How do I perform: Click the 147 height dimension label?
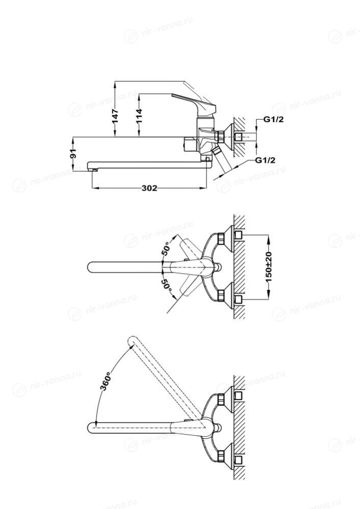click(115, 116)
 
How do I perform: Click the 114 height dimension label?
click(139, 116)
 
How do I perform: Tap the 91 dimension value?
click(73, 153)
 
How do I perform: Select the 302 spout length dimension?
click(149, 189)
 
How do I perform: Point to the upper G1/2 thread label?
click(273, 119)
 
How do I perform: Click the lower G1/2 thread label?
click(265, 160)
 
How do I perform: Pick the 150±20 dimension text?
click(269, 267)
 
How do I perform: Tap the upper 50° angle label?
click(166, 249)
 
